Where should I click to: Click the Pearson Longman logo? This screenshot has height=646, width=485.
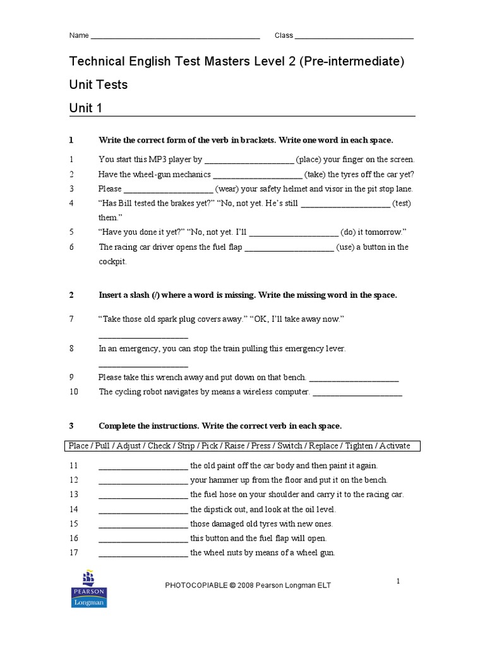point(89,589)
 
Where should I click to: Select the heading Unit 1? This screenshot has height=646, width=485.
point(85,109)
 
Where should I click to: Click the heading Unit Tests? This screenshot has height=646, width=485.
point(98,85)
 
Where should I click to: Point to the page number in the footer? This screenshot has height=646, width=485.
point(398,581)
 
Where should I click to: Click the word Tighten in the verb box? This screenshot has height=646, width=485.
point(359,446)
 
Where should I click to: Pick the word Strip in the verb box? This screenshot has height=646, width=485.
point(186,446)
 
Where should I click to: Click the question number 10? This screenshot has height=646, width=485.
point(74,392)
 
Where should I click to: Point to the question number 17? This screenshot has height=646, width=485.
point(74,553)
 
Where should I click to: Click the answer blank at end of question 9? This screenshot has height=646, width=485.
point(354,379)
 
